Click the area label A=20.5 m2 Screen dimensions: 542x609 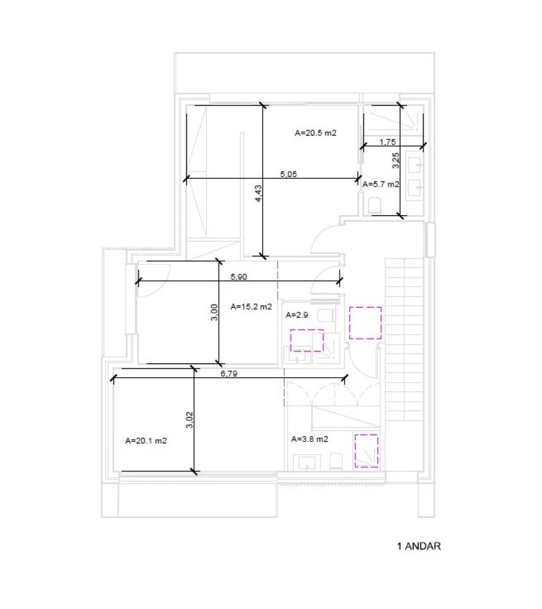(315, 133)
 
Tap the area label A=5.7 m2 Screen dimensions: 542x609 (381, 184)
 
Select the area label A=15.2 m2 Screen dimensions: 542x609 (251, 307)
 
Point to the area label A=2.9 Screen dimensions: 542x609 (297, 314)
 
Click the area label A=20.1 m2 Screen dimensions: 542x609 (146, 440)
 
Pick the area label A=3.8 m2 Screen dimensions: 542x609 (310, 439)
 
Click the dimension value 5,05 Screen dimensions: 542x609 (288, 174)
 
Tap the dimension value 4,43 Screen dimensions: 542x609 (258, 193)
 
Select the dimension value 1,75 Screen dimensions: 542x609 (387, 142)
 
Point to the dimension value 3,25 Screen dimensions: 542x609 (395, 160)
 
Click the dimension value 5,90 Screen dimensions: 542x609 (238, 276)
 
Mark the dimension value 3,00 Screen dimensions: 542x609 (214, 312)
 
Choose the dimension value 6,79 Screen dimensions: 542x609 (229, 373)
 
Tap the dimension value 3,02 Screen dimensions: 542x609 (190, 419)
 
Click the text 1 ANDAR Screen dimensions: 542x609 (419, 546)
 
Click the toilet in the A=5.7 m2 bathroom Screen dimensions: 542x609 (375, 206)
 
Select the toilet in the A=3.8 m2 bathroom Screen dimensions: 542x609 (336, 461)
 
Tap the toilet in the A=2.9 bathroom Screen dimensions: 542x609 (326, 315)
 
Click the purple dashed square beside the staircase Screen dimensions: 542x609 (365, 323)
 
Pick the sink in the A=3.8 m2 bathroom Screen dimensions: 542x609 (307, 462)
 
